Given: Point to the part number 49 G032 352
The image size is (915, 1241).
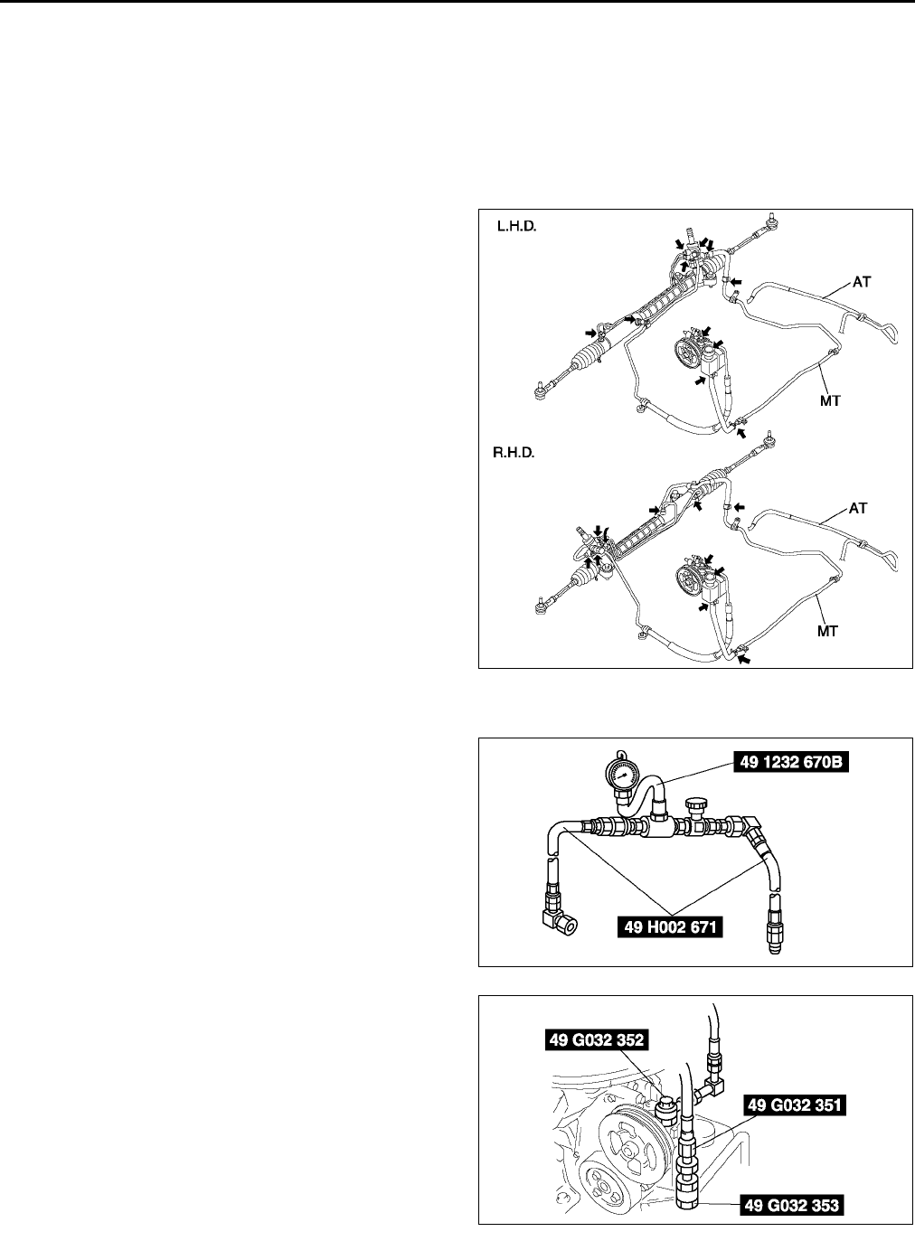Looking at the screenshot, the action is click(x=595, y=1041).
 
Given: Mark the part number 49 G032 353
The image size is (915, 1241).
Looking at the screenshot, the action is click(x=793, y=1205).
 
